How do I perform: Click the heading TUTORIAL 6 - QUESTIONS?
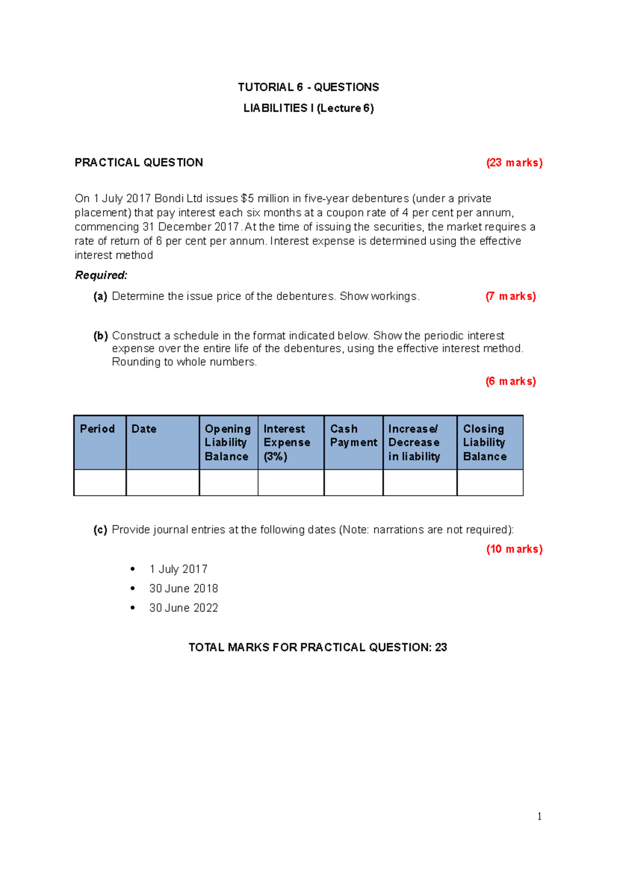(308, 87)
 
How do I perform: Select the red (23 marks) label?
(514, 163)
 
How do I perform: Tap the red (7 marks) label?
(511, 296)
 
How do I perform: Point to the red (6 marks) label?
(511, 381)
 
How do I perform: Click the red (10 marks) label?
(514, 549)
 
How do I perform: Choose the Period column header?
(98, 429)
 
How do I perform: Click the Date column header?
(144, 429)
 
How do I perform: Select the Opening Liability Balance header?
(228, 442)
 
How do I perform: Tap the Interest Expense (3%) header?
(287, 442)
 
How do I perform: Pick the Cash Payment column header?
(353, 435)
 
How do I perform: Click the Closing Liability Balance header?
(484, 442)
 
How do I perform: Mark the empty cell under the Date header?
(162, 483)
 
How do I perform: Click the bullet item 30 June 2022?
(184, 608)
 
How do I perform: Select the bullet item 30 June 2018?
(184, 589)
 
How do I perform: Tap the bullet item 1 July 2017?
(178, 569)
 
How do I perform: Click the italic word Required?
(101, 275)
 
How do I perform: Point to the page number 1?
(539, 817)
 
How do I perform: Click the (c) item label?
(100, 530)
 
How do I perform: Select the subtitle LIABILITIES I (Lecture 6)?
(308, 108)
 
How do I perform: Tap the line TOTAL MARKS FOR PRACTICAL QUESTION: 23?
(317, 648)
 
